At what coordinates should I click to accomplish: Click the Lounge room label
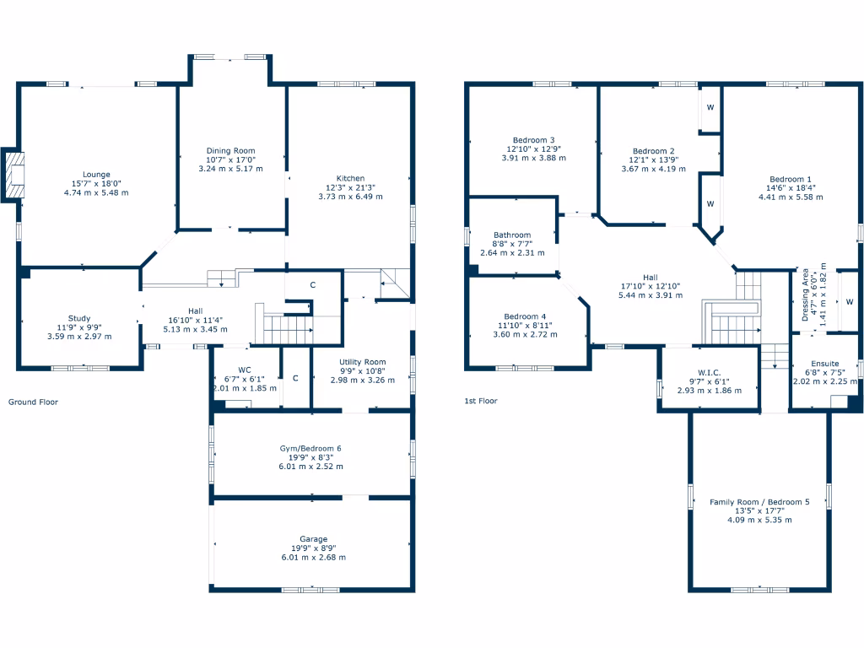96,175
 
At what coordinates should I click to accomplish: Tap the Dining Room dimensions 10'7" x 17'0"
230,159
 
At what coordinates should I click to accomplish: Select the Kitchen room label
350,178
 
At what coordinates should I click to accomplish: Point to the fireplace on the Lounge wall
14,175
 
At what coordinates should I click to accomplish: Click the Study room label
79,318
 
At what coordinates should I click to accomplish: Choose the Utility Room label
362,361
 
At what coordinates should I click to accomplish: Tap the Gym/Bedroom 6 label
310,448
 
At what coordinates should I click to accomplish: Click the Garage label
313,538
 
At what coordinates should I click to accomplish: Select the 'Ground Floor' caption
33,402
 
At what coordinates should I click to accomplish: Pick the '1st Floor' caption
480,402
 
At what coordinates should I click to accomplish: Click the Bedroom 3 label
533,140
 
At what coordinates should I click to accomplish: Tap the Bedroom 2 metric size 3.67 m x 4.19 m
653,169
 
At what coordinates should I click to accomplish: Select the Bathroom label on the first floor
512,235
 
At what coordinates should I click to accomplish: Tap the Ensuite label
825,363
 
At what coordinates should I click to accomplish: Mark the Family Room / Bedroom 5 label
759,502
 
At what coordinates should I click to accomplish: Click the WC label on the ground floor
246,369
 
